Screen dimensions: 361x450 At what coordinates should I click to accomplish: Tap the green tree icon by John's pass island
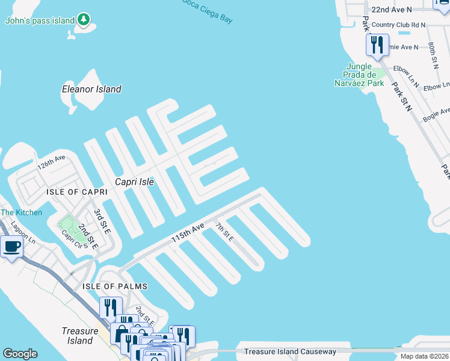[x=84, y=20]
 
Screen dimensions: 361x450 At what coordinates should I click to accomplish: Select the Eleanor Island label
[x=91, y=89]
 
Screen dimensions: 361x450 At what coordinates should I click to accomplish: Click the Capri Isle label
[x=135, y=182]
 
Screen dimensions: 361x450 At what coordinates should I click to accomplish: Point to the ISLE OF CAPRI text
[x=77, y=191]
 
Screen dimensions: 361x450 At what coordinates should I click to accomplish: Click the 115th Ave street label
[x=188, y=232]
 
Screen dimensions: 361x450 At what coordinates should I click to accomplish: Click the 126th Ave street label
[x=51, y=162]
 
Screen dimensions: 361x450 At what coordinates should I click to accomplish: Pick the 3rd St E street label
[x=102, y=221]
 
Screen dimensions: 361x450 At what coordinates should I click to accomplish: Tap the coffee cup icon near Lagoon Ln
[x=11, y=246]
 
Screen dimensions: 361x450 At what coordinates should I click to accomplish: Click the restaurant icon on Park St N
[x=377, y=45]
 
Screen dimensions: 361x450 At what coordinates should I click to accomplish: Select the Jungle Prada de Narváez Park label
[x=359, y=75]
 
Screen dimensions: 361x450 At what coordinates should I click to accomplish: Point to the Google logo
[x=20, y=354]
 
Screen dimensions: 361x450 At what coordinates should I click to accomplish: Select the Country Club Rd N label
[x=398, y=25]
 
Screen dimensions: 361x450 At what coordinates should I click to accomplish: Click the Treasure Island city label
[x=79, y=336]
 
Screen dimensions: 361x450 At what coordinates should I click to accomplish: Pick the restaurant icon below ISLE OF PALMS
[x=111, y=307]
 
